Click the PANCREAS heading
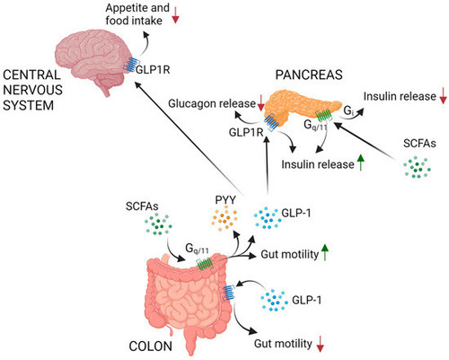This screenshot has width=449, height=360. click(309, 75)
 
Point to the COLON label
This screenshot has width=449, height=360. click(151, 347)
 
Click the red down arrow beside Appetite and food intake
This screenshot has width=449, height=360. click(175, 15)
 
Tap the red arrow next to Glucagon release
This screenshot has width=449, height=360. click(260, 102)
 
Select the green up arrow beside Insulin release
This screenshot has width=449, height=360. click(361, 162)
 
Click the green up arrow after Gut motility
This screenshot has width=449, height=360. click(325, 252)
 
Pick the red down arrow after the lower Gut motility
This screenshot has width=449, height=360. click(321, 344)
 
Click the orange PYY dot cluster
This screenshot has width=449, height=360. click(224, 219)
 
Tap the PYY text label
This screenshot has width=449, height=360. click(225, 200)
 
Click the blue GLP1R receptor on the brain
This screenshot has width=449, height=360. click(130, 64)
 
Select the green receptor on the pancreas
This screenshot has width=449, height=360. click(324, 115)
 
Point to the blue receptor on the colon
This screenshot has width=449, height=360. click(229, 293)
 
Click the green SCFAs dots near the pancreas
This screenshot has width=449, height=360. click(418, 167)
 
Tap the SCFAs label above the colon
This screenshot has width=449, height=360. click(142, 206)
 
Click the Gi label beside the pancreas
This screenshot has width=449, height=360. click(348, 111)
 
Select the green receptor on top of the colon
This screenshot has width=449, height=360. click(205, 264)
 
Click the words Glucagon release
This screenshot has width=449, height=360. click(212, 103)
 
